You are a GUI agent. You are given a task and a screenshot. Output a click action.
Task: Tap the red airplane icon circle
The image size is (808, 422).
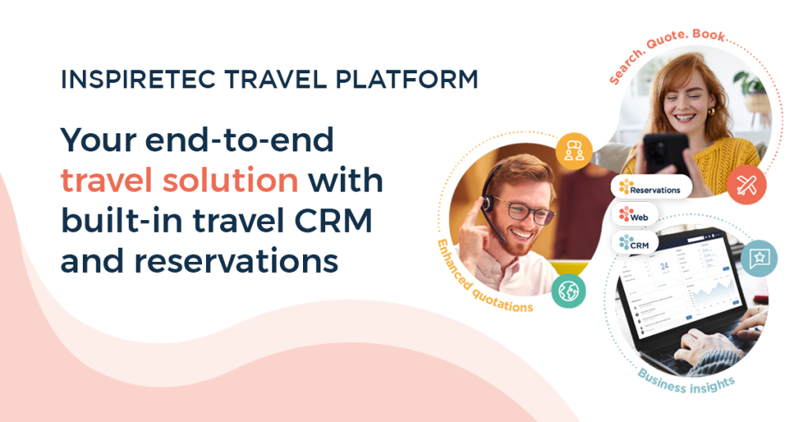(746, 184)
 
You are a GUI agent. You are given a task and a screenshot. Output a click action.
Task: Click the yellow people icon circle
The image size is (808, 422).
(574, 150)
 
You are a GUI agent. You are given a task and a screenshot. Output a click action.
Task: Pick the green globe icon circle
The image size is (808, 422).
(569, 290)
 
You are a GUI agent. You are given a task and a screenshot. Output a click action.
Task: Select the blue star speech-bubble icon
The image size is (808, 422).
(759, 258)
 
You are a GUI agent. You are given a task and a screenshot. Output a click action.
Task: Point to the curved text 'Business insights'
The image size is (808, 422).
(686, 383)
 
